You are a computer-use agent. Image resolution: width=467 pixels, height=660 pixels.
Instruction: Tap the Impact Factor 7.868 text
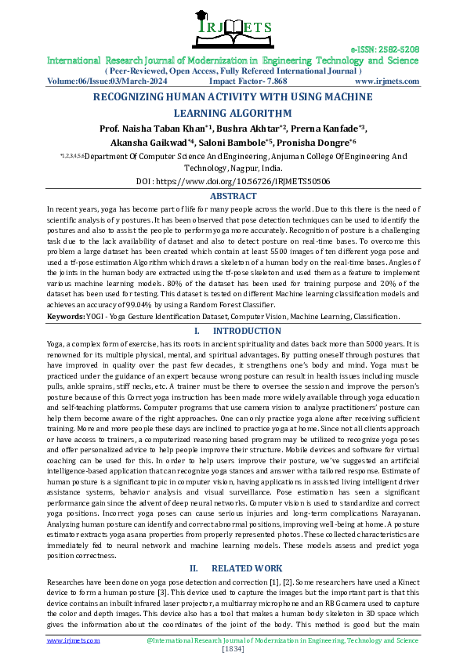(248, 81)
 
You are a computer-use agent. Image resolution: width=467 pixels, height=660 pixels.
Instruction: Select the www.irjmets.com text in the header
(386, 81)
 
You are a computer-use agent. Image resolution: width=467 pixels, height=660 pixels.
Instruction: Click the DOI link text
(233, 180)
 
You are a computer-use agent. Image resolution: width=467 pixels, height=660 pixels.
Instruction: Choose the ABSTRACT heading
(233, 196)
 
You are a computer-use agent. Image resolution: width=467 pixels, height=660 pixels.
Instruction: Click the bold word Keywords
(66, 317)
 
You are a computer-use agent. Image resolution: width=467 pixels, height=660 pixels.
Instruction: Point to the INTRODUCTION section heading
(241, 332)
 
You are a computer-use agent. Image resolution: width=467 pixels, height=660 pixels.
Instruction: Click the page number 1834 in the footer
(233, 649)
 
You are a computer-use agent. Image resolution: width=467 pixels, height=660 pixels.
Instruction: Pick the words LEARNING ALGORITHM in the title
(233, 113)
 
